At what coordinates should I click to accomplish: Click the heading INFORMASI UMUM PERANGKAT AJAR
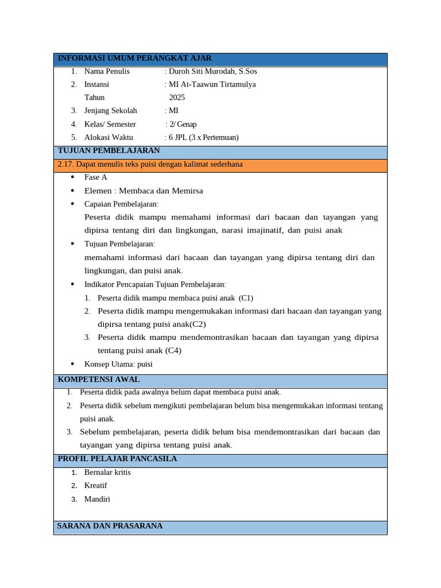(x=134, y=58)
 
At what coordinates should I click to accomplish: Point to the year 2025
(x=177, y=98)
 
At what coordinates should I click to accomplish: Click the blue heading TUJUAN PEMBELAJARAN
(x=109, y=150)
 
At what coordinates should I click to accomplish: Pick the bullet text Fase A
(x=95, y=177)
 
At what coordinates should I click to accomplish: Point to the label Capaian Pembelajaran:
(x=121, y=204)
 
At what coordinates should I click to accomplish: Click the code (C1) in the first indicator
(x=246, y=298)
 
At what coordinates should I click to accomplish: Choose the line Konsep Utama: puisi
(x=118, y=364)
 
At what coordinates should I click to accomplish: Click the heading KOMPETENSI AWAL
(x=98, y=380)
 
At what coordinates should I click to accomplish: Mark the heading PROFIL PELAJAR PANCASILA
(x=117, y=459)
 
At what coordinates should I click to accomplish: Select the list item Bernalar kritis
(x=107, y=472)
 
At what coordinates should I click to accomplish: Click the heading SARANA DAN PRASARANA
(x=110, y=526)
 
